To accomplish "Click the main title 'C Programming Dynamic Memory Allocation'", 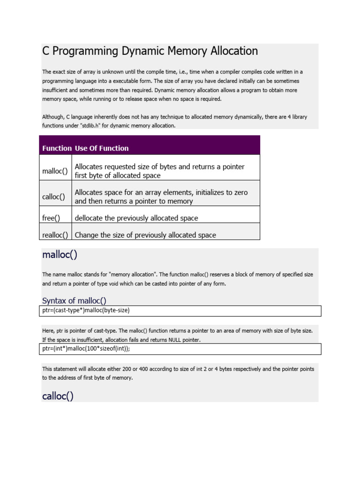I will click(x=150, y=51).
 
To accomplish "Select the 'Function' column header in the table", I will click(x=57, y=148).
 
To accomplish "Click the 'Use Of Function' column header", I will click(x=102, y=148).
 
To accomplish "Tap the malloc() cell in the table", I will click(x=55, y=171).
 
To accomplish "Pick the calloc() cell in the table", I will click(x=54, y=197).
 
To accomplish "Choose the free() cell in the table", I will click(x=52, y=218).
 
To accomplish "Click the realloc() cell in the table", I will click(x=55, y=235).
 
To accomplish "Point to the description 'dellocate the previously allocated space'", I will click(x=136, y=218).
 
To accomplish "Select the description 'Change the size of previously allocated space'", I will click(x=145, y=235).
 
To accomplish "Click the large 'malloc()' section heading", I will click(x=60, y=255).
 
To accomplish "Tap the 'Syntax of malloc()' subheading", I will click(x=77, y=300).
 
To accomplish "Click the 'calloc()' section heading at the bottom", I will click(x=58, y=396).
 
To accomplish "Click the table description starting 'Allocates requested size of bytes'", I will click(x=160, y=171).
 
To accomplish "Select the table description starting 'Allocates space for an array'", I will click(x=161, y=197).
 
